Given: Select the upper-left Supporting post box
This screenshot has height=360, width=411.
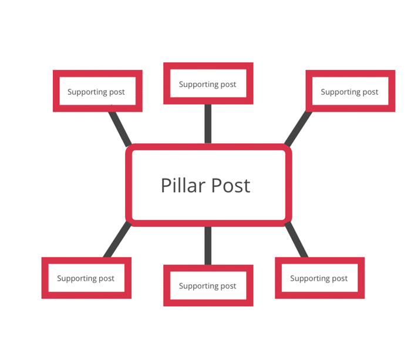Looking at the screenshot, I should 97,91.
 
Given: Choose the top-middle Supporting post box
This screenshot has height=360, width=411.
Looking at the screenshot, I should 208,83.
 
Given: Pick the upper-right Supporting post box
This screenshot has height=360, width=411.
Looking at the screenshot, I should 349,91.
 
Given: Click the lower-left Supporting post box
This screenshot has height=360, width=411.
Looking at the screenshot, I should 86,278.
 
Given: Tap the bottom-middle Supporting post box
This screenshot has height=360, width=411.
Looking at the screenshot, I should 208,285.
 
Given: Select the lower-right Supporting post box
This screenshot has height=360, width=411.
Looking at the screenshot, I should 319,278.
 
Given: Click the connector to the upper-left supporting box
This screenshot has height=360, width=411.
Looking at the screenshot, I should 120,129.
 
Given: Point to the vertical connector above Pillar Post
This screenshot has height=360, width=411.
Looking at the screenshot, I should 208,124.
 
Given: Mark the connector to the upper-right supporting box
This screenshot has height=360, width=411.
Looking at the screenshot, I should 298,129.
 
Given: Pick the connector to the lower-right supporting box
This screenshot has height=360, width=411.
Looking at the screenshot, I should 297,240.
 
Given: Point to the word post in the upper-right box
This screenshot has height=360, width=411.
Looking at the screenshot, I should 370,92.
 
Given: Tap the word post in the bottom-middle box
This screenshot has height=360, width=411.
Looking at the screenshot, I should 228,286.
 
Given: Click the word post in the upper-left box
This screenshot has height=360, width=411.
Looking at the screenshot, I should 117,92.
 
